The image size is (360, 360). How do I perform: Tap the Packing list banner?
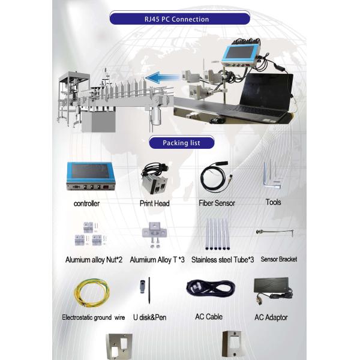[181, 143]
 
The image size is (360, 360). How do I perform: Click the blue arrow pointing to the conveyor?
[163, 77]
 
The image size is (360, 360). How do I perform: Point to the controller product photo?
[90, 177]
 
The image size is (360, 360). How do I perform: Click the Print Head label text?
[155, 203]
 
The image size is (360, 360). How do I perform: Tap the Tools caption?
[273, 202]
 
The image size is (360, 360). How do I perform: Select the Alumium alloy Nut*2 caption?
[94, 260]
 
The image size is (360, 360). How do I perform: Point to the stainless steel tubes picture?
[216, 235]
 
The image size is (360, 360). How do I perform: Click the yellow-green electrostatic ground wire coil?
[91, 292]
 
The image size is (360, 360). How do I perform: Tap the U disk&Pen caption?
[150, 317]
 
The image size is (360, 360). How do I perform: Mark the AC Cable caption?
[209, 316]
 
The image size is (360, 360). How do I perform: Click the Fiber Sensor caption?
[217, 203]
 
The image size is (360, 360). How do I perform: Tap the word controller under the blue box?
[86, 203]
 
